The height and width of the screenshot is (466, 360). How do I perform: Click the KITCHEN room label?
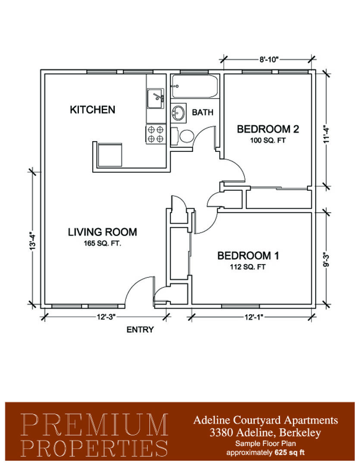[92, 110]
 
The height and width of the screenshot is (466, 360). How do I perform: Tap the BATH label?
[203, 112]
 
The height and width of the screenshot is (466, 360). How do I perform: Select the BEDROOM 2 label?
[268, 129]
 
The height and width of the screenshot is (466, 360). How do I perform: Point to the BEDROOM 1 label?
[248, 255]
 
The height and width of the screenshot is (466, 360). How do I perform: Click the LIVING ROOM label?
[103, 232]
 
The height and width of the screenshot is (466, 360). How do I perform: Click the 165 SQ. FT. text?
[103, 243]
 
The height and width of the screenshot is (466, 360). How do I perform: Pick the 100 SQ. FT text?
[268, 140]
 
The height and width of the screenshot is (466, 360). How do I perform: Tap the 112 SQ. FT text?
[248, 267]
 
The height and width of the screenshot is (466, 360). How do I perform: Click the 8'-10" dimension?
[269, 60]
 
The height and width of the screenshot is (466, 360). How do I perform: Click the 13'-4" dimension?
[33, 240]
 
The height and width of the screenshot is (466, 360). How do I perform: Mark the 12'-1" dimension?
[254, 317]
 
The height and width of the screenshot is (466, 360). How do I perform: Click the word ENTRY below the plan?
[140, 330]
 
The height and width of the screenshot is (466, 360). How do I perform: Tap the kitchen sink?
[155, 98]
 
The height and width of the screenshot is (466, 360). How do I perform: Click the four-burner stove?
[155, 134]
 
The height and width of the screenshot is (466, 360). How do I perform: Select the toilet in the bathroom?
[183, 136]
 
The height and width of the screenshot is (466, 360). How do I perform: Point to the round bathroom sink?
[178, 113]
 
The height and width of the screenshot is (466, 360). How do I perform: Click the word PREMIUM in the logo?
[94, 425]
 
